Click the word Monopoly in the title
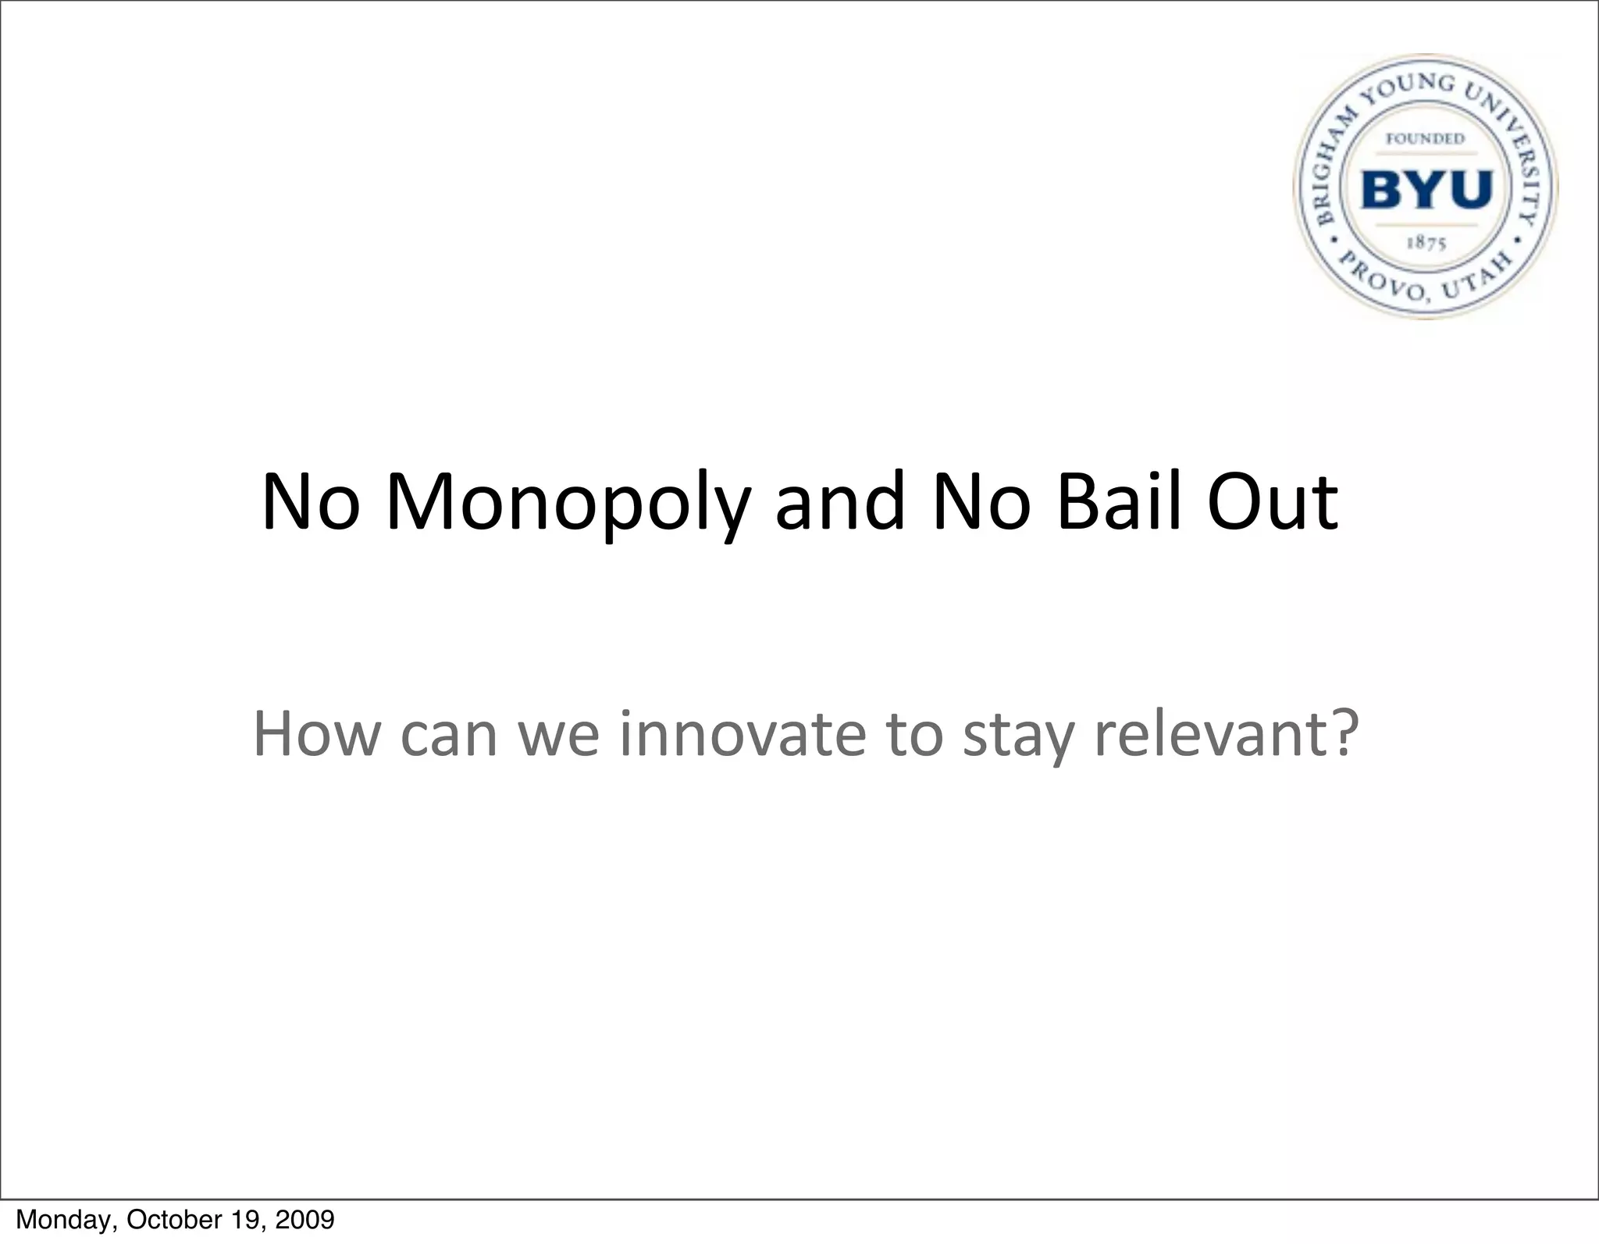pyautogui.click(x=568, y=504)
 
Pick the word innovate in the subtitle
pyautogui.click(x=743, y=733)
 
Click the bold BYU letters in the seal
pyautogui.click(x=1426, y=190)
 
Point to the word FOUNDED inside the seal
pyautogui.click(x=1425, y=139)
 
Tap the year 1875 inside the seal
pyautogui.click(x=1426, y=243)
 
